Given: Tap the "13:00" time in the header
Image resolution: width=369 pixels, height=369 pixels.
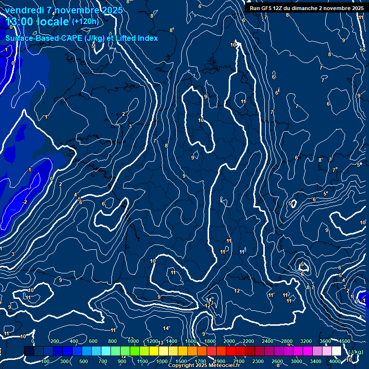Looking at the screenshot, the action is point(19,22).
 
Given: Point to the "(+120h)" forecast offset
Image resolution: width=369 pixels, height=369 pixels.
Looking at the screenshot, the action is point(85,21).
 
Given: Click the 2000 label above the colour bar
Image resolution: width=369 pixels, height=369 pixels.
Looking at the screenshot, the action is point(230,341).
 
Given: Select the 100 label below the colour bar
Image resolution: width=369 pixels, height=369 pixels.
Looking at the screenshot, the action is point(46,361).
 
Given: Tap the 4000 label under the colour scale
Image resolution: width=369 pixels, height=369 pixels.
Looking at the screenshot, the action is point(335,361).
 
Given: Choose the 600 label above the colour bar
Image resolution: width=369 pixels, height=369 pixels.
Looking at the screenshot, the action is point(93,341).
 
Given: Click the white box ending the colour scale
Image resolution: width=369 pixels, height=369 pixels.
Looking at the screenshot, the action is point(336,351).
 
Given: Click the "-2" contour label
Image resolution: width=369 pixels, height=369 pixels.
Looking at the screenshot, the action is point(24,202).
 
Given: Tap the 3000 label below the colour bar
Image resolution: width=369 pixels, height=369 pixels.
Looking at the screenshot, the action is point(297,361).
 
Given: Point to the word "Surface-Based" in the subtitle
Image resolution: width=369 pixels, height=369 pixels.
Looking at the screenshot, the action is point(29,38).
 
